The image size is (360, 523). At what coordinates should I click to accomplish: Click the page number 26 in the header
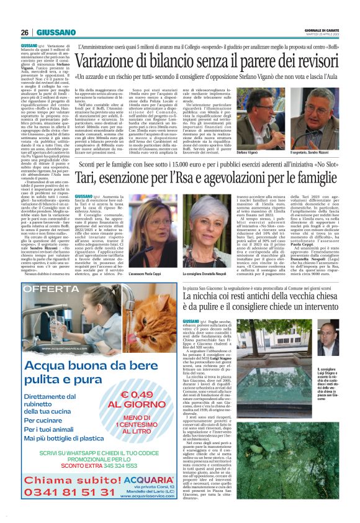pyautogui.click(x=25, y=32)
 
